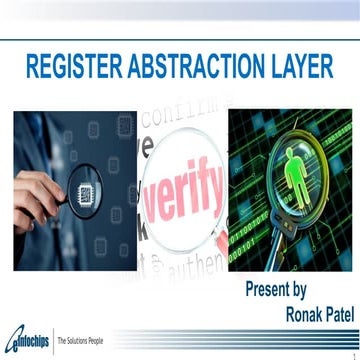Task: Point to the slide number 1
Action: point(353,353)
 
